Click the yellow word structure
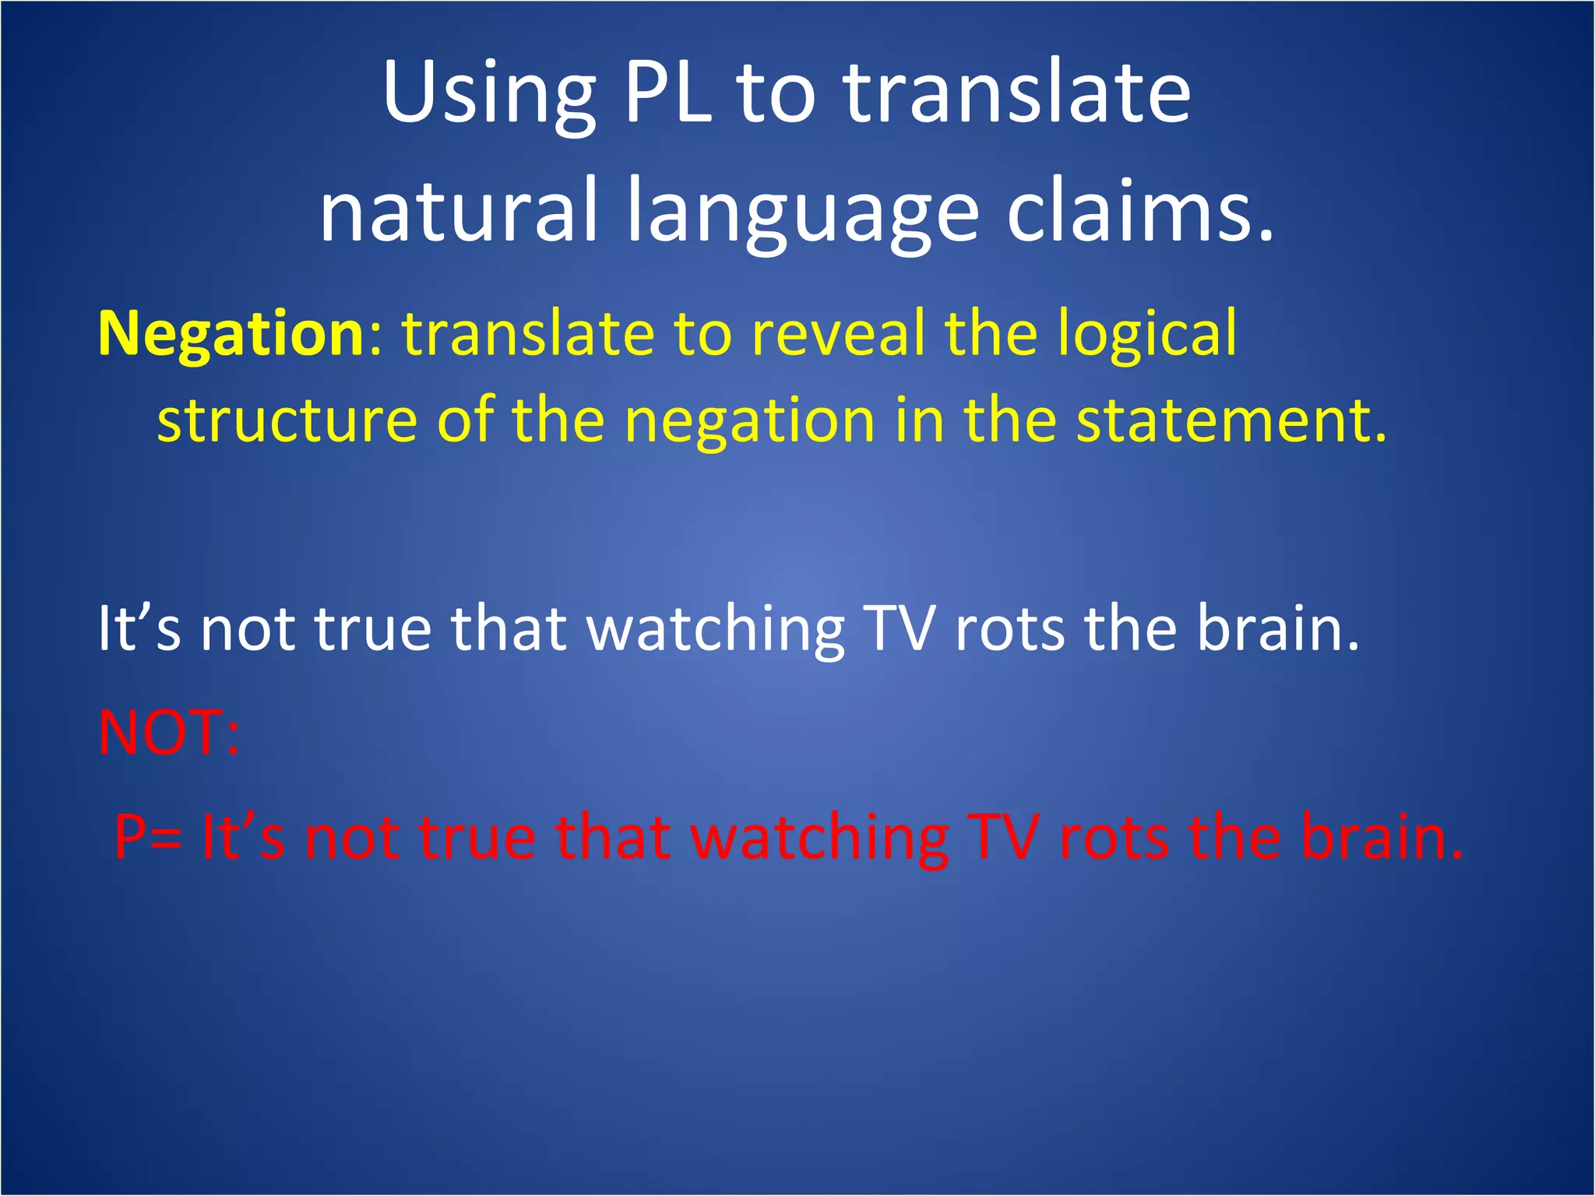(x=287, y=420)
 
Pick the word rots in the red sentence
(x=1114, y=838)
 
